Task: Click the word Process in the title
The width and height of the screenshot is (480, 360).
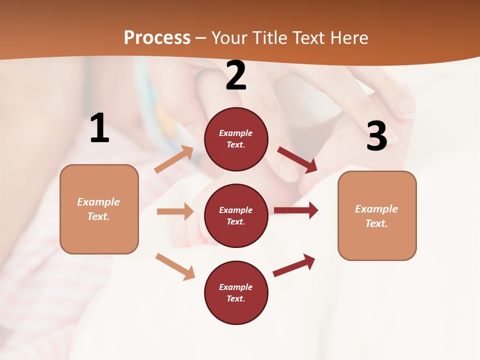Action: pyautogui.click(x=157, y=37)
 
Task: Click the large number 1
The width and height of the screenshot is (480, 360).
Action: pyautogui.click(x=99, y=128)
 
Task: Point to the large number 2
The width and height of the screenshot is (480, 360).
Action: pyautogui.click(x=236, y=75)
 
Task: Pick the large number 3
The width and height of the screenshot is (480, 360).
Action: pyautogui.click(x=376, y=136)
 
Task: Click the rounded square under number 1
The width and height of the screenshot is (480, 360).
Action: pyautogui.click(x=99, y=209)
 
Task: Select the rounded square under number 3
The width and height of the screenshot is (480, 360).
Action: pyautogui.click(x=377, y=215)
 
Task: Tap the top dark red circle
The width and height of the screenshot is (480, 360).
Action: pyautogui.click(x=236, y=139)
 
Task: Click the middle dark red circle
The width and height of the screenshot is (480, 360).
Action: pyautogui.click(x=236, y=215)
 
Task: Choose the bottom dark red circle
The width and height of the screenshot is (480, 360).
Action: pyautogui.click(x=236, y=292)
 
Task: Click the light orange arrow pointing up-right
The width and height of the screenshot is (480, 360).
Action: pyautogui.click(x=174, y=159)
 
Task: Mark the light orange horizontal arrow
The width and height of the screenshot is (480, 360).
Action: pyautogui.click(x=175, y=211)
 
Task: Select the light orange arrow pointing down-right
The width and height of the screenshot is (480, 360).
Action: pyautogui.click(x=175, y=266)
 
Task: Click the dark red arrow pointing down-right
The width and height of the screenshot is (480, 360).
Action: pyautogui.click(x=297, y=160)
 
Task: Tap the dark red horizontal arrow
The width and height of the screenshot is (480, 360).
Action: pyautogui.click(x=296, y=210)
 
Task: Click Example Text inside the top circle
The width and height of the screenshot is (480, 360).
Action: pyautogui.click(x=236, y=139)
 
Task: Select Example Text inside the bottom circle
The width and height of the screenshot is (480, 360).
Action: pyautogui.click(x=236, y=293)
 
